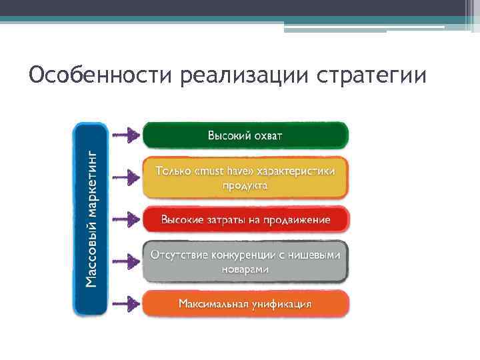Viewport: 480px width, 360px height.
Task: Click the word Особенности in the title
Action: [101, 75]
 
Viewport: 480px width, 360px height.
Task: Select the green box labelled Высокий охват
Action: [245, 135]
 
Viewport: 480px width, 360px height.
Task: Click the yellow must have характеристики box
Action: [245, 177]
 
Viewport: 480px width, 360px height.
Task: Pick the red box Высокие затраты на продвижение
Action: [245, 219]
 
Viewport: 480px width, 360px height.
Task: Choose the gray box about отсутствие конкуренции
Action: [245, 262]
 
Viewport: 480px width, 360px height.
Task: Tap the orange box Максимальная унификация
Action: [245, 303]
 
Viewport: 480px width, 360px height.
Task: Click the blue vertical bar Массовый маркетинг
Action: [91, 219]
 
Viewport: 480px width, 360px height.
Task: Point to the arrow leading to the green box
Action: [124, 135]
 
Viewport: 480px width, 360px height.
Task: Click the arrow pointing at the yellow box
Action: [124, 177]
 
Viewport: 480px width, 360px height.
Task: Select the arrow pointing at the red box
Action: [124, 219]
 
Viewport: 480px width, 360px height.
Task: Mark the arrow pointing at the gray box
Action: [124, 262]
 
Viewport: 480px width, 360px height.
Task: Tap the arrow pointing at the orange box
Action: [124, 303]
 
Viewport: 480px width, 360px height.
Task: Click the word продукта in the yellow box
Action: [245, 185]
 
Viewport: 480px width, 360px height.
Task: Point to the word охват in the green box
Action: [267, 135]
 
